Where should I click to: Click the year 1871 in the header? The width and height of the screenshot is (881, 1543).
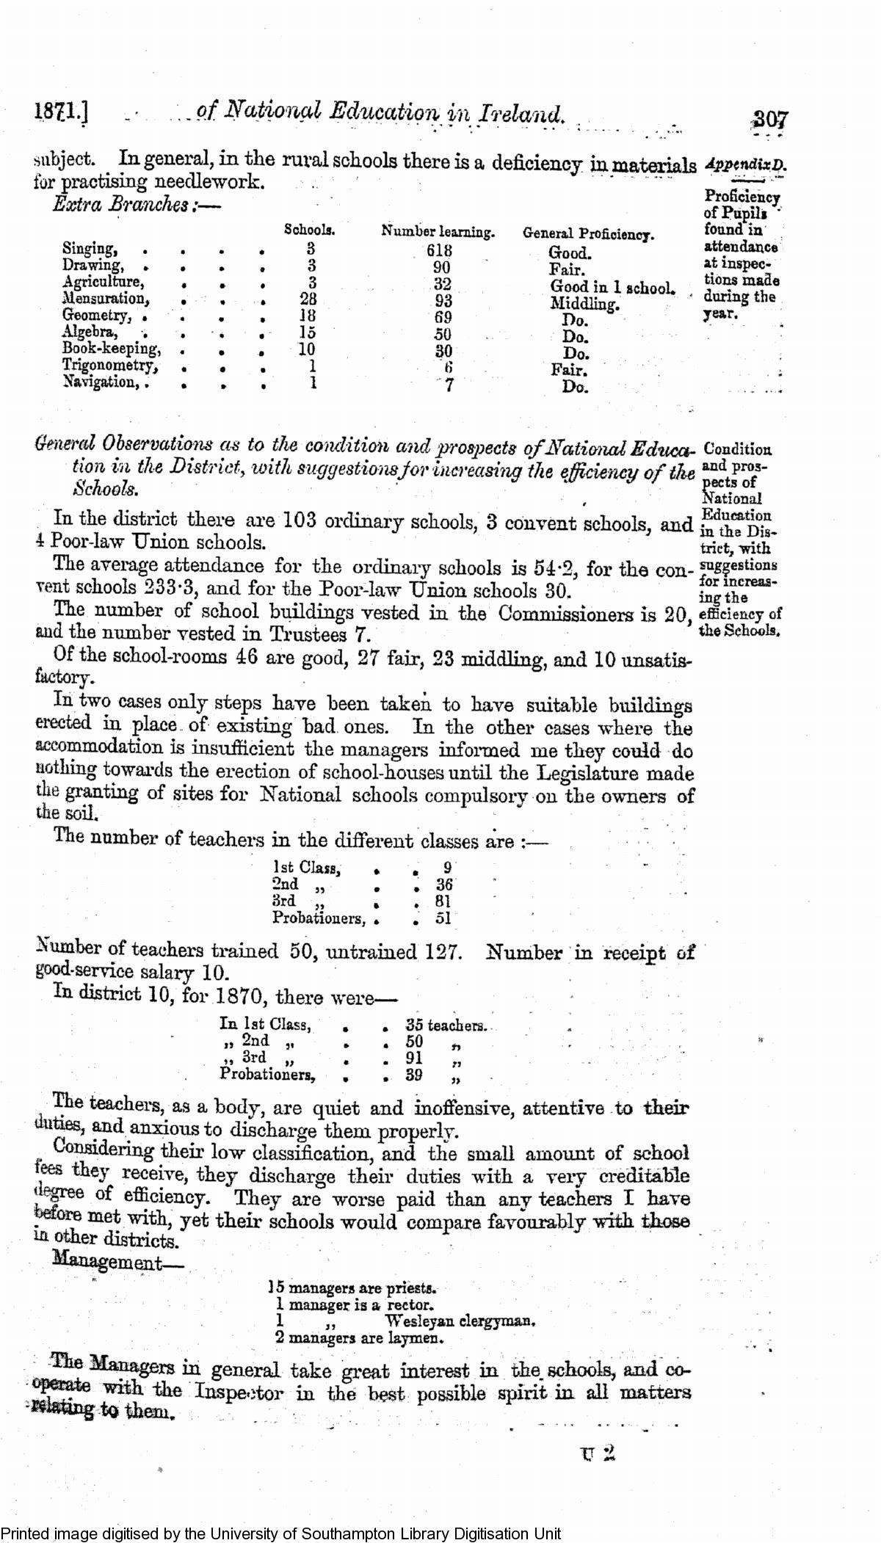(59, 112)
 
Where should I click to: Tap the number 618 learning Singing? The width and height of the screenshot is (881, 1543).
(439, 250)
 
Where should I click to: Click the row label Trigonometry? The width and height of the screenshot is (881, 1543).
(109, 366)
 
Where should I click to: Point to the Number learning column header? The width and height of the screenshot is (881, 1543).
(438, 233)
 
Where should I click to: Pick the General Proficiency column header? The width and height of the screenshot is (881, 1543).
(587, 234)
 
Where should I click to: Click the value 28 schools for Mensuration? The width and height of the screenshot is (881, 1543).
(308, 299)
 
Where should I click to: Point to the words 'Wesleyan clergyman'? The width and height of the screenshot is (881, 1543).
(460, 1321)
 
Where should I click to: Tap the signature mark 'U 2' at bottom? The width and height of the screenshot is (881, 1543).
(597, 1454)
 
